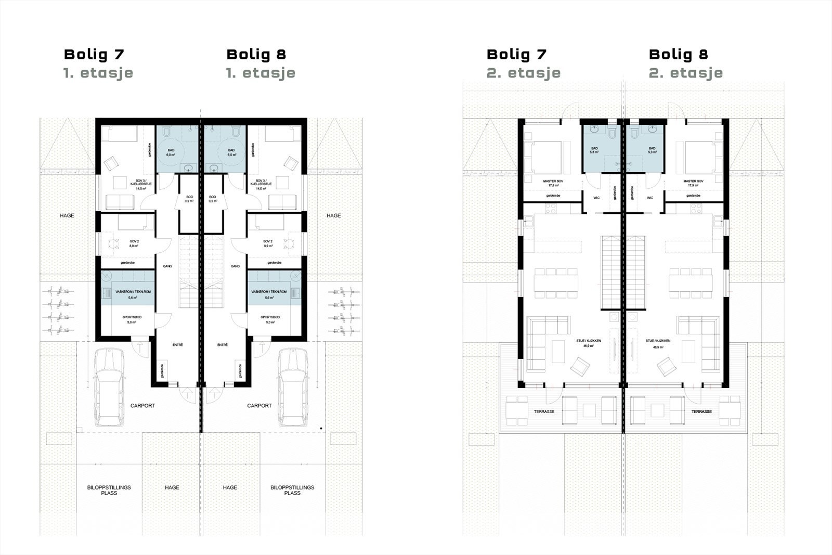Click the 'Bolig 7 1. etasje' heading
point(98,63)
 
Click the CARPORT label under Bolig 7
point(142,406)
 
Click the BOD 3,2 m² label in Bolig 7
point(189,199)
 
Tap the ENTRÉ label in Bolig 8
point(223,345)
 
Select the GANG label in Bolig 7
point(167,266)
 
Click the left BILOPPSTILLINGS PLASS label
point(109,490)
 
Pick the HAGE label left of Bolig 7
point(67,215)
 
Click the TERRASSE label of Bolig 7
point(544,411)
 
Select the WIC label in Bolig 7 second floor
point(597,198)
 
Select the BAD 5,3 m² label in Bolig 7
point(594,150)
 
